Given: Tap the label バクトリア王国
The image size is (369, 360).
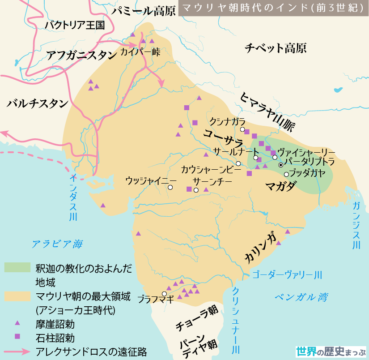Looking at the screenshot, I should click(75, 25).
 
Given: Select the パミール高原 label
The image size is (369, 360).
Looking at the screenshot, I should click(144, 11).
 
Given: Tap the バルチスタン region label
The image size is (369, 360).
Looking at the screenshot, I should click(38, 104).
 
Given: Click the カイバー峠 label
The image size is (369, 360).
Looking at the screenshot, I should click(140, 51).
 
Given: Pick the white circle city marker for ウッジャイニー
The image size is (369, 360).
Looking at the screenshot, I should click(170, 188).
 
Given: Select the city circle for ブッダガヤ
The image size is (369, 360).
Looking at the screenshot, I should click(286, 174).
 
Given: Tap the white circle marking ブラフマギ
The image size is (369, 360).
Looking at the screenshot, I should click(164, 294).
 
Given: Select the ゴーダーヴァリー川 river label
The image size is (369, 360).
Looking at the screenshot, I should click(287, 274).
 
